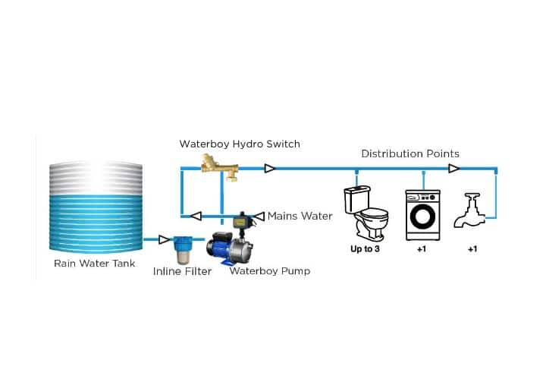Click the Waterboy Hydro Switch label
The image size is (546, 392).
click(240, 144)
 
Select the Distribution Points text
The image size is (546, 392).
click(409, 153)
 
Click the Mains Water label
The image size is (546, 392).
click(300, 216)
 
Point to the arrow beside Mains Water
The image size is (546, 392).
click(259, 216)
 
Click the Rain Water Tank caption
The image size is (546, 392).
click(94, 264)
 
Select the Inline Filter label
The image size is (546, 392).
click(182, 271)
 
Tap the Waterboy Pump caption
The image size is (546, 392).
click(269, 270)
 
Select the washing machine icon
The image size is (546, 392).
click(422, 214)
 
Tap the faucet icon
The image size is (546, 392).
click(471, 211)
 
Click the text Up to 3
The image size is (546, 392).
click(365, 248)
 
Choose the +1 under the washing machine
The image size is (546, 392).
click(422, 248)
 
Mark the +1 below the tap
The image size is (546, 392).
click(472, 248)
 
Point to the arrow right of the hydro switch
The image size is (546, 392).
click(269, 169)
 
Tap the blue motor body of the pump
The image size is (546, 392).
click(221, 248)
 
